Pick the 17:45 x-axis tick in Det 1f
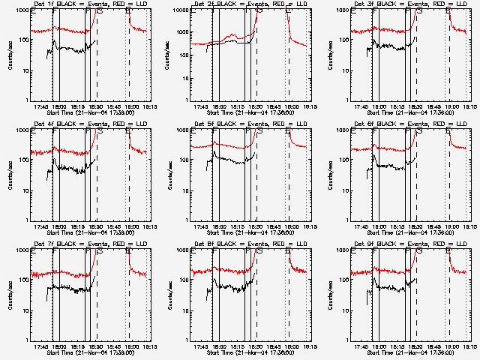41,106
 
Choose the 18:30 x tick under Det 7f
96,346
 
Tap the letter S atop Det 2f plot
259,12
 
